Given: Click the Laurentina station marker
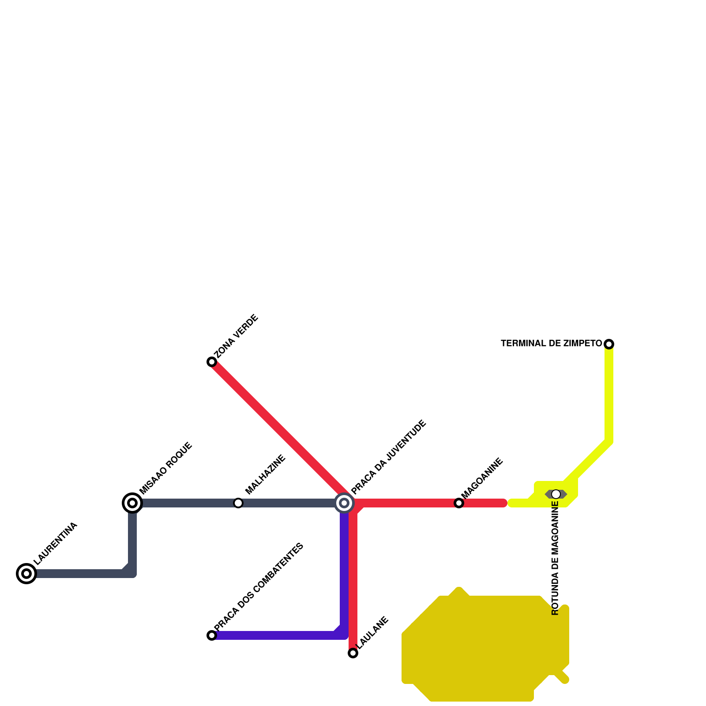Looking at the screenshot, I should pyautogui.click(x=26, y=574).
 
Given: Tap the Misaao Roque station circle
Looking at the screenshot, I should pyautogui.click(x=132, y=503).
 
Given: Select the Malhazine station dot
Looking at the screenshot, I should pyautogui.click(x=238, y=503).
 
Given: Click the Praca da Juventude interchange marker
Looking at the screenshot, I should pyautogui.click(x=344, y=503).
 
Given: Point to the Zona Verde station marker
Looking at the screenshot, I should pyautogui.click(x=212, y=362).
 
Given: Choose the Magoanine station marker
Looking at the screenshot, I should pyautogui.click(x=459, y=503).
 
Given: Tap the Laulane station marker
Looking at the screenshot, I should pyautogui.click(x=353, y=653).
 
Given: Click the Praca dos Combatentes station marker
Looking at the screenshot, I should pyautogui.click(x=212, y=635).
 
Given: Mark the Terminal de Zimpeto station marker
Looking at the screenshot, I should pyautogui.click(x=609, y=344).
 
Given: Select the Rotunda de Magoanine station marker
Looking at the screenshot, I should pyautogui.click(x=556, y=494).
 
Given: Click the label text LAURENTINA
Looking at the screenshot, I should pyautogui.click(x=56, y=544).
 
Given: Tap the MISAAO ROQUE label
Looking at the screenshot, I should pyautogui.click(x=166, y=468).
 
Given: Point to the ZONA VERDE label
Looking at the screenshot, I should pyautogui.click(x=237, y=336).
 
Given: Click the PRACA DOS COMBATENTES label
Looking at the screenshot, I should pyautogui.click(x=259, y=587).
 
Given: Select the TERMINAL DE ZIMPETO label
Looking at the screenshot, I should pyautogui.click(x=551, y=343).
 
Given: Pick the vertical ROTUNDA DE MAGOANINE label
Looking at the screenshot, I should pyautogui.click(x=556, y=558).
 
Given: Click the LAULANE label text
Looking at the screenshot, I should pyautogui.click(x=373, y=633).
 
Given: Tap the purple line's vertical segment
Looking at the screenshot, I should pyautogui.click(x=344, y=569).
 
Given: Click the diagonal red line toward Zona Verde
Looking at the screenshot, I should pyautogui.click(x=278, y=428).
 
